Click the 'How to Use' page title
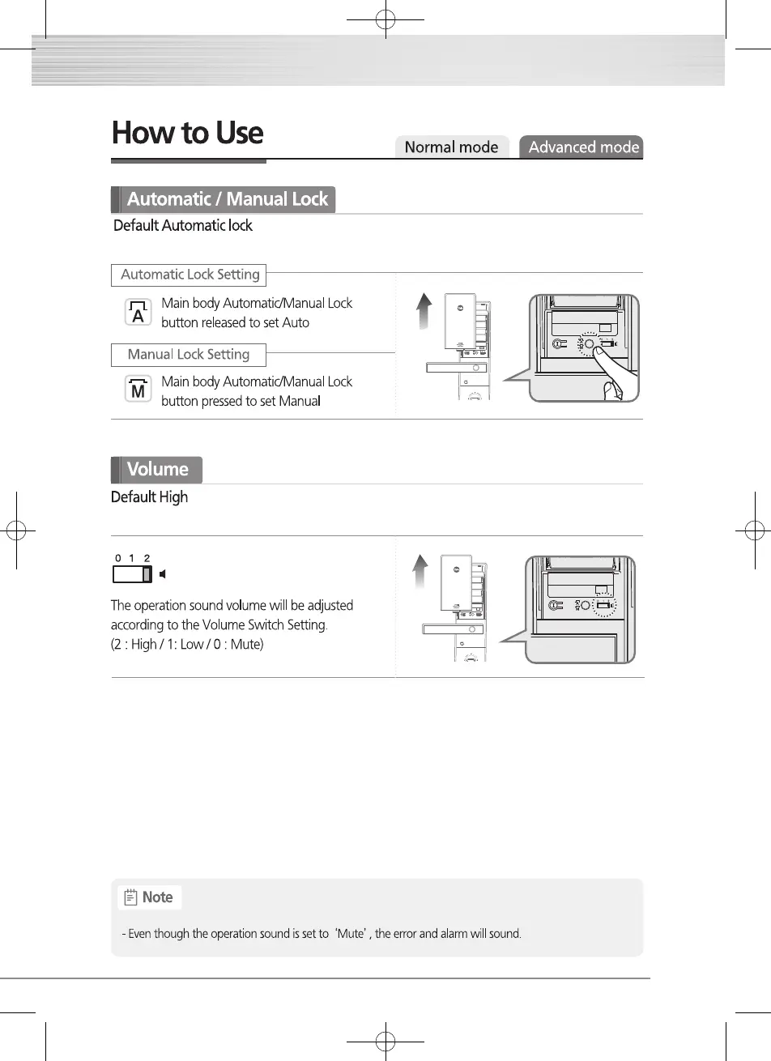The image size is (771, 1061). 188,134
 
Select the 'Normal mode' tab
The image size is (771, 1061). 451,147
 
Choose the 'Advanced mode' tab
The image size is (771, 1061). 583,147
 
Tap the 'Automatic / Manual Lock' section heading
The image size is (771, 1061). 227,199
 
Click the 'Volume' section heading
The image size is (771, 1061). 157,470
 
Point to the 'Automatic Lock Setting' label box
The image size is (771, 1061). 190,275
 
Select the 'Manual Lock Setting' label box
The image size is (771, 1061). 189,355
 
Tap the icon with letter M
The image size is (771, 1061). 138,390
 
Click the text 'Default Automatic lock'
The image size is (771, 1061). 183,226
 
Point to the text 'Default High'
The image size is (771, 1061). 149,497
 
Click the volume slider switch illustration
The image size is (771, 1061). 132,574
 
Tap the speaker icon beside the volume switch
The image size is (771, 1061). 164,574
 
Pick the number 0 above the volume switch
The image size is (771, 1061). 117,558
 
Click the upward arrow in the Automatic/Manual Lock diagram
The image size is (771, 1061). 423,311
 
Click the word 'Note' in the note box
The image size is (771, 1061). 157,897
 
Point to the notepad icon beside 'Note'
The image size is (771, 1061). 130,897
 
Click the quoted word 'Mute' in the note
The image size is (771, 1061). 352,934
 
